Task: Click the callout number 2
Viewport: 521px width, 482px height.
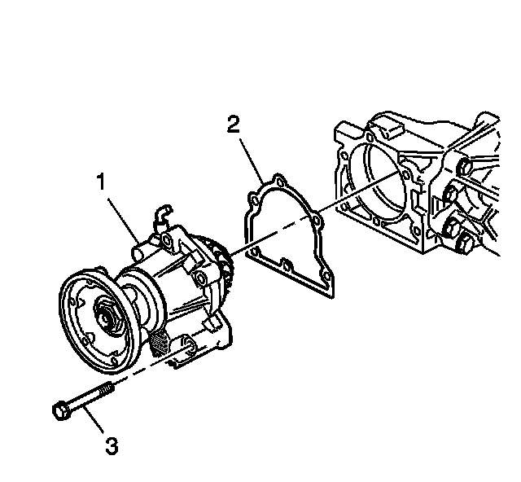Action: click(234, 125)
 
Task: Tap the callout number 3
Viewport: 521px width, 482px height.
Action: click(112, 445)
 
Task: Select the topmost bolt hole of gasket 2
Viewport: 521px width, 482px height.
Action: click(278, 178)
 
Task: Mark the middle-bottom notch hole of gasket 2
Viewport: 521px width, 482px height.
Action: click(286, 265)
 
